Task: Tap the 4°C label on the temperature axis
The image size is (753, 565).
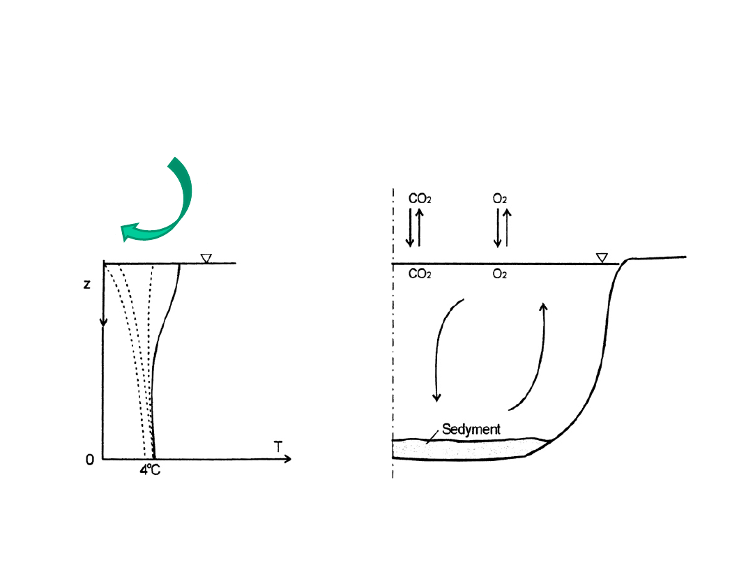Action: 150,470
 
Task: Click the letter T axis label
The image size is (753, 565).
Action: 278,446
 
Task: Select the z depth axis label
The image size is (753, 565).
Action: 86,285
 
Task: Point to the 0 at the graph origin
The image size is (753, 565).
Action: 90,460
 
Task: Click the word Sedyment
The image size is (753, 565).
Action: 471,429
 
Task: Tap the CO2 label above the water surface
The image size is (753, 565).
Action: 420,198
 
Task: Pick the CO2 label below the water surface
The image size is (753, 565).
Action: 420,274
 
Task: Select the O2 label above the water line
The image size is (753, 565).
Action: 499,198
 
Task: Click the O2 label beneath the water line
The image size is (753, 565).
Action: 499,274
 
